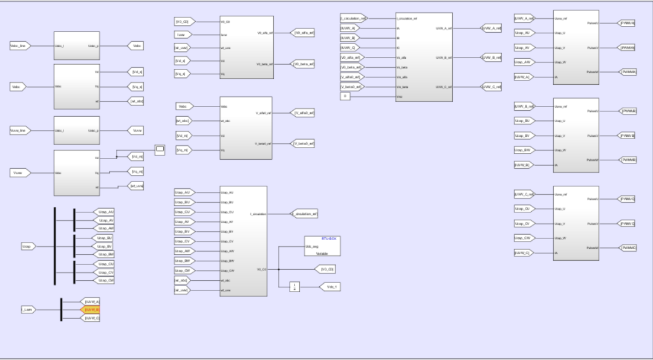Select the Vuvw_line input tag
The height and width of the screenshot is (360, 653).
coord(20,130)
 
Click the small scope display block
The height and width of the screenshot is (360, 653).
coord(160,149)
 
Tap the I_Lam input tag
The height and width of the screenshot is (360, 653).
coord(28,309)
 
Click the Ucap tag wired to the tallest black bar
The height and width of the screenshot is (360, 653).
coord(28,246)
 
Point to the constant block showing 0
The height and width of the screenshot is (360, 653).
coord(345,96)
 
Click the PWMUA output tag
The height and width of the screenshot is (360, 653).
coord(626,23)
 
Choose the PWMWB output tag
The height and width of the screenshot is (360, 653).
coord(626,160)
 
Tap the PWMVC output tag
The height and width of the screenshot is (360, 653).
coord(626,223)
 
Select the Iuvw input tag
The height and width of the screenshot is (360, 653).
coord(183,36)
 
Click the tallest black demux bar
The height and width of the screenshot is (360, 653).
coord(55,246)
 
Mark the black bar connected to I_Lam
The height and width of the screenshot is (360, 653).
coord(61,309)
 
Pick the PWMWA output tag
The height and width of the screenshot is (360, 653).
coord(626,71)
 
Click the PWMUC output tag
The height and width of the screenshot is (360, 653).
coord(626,198)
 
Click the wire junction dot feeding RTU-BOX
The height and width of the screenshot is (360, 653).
coord(278,269)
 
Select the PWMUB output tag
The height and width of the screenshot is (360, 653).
coord(626,111)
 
